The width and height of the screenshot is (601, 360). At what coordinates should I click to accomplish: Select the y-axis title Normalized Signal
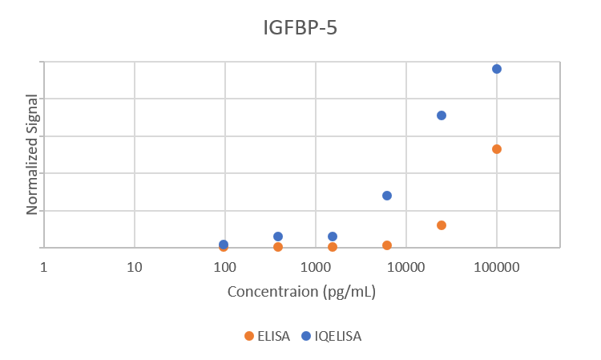pos(33,154)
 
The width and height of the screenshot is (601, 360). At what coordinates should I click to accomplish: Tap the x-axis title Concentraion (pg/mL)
pos(301,291)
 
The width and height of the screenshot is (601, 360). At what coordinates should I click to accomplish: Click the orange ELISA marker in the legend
pos(249,336)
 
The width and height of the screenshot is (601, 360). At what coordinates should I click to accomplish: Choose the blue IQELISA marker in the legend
pos(306,336)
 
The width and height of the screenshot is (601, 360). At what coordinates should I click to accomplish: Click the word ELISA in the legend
pos(273,336)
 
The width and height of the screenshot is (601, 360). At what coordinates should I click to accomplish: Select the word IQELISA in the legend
pos(337,336)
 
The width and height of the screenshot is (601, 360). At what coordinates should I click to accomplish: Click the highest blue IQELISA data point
pos(497,69)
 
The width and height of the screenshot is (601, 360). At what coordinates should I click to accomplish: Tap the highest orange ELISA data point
pos(497,149)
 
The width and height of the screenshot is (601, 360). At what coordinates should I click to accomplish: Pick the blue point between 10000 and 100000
pos(442,115)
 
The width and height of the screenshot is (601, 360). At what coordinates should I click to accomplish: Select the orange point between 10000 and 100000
pos(442,225)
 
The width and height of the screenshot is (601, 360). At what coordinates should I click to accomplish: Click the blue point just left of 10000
pos(387,196)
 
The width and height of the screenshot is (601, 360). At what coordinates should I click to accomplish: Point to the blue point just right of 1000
pos(333,237)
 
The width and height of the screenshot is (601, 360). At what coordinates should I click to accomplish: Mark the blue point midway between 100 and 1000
pos(278,237)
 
